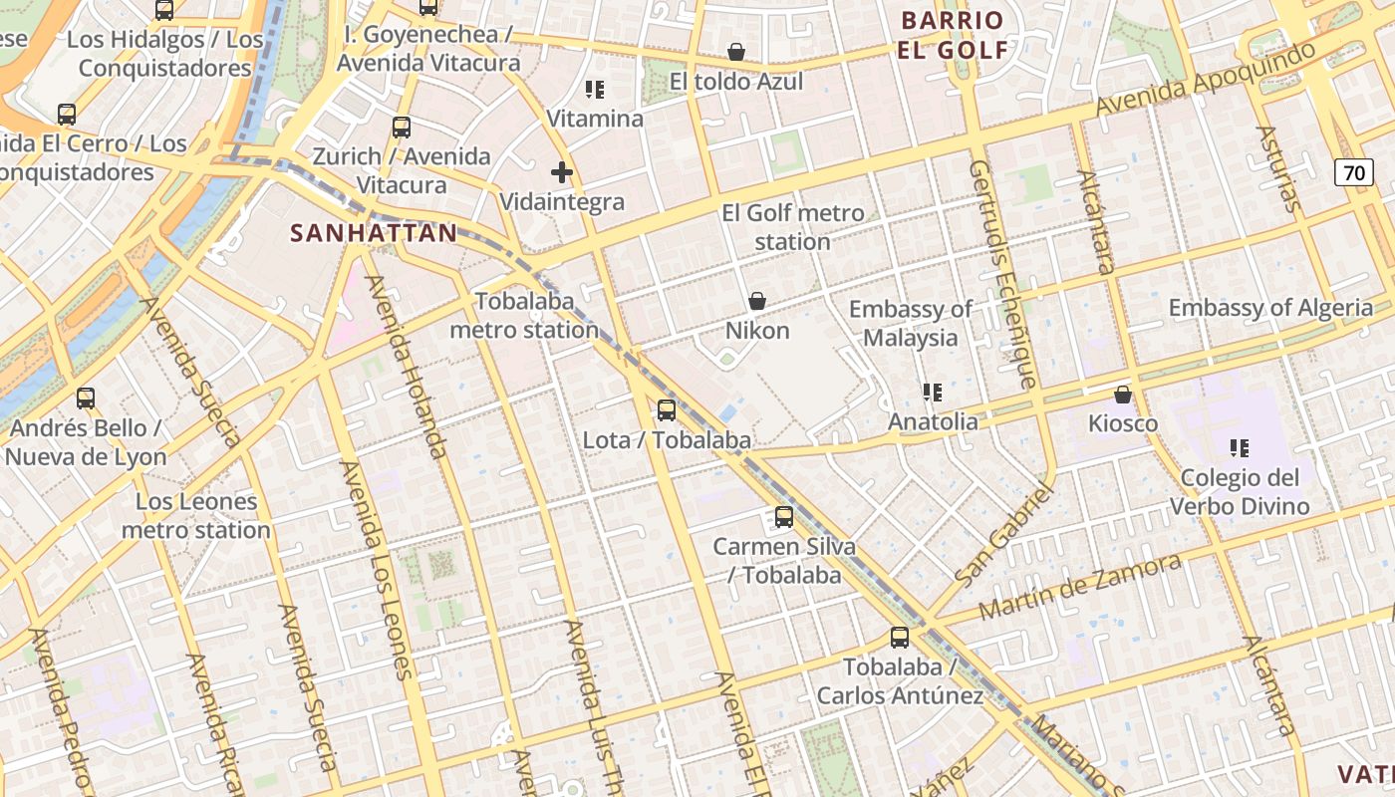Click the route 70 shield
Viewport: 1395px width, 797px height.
click(x=1353, y=172)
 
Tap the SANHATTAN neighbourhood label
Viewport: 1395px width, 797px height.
click(x=374, y=233)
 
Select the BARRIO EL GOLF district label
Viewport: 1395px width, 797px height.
click(x=952, y=35)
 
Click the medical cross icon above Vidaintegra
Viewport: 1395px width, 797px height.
click(x=562, y=172)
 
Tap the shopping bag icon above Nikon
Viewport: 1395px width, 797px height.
click(x=757, y=301)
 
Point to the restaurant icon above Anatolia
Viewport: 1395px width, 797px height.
click(x=933, y=393)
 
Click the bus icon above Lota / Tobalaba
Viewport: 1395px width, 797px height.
click(x=667, y=409)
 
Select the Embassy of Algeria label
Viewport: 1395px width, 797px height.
click(x=1270, y=308)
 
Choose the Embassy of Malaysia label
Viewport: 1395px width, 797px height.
click(x=911, y=323)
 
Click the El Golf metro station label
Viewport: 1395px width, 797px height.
click(x=793, y=227)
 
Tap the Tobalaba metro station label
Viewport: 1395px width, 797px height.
click(x=524, y=315)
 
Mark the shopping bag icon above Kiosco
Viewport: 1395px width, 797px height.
click(x=1123, y=395)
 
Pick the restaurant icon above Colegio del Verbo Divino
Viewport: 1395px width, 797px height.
click(x=1240, y=448)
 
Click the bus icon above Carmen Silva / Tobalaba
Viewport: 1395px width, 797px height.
click(x=784, y=517)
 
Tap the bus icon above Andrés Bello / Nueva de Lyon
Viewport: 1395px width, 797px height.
click(x=86, y=398)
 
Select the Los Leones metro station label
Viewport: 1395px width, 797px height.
click(x=196, y=515)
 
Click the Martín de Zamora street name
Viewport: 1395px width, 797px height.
click(x=1080, y=587)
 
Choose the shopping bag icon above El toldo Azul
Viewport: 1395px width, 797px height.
click(x=736, y=52)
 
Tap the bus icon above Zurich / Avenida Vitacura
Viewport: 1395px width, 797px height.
click(x=402, y=128)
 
